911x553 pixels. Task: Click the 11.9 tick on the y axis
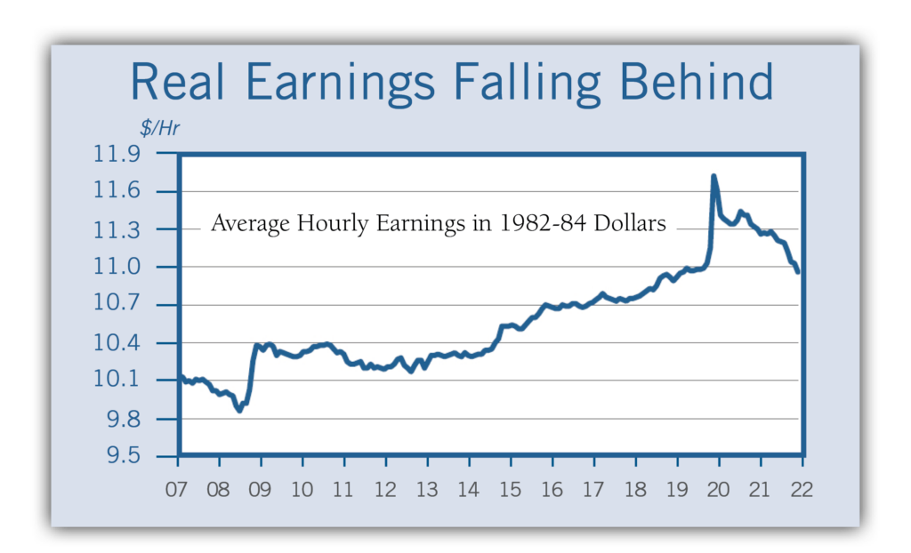point(117,155)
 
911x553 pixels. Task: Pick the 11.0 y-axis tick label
point(117,268)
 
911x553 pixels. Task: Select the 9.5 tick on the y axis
point(124,457)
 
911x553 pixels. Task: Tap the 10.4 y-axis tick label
point(117,343)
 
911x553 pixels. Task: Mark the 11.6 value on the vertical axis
point(117,192)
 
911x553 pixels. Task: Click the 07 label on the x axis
point(178,490)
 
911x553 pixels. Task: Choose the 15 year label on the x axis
point(511,490)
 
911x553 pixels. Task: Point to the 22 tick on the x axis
point(802,490)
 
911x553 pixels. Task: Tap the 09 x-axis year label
point(261,490)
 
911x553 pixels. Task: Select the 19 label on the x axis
point(677,490)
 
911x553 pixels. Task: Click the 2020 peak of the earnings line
point(713,176)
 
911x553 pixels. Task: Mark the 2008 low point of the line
point(239,410)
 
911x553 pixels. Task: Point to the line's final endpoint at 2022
point(798,272)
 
